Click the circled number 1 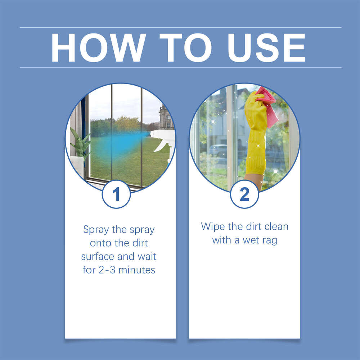pyautogui.click(x=116, y=195)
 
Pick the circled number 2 pyautogui.click(x=244, y=195)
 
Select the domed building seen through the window pyautogui.click(x=166, y=117)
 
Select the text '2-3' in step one pyautogui.click(x=107, y=270)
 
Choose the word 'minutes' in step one pyautogui.click(x=138, y=270)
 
